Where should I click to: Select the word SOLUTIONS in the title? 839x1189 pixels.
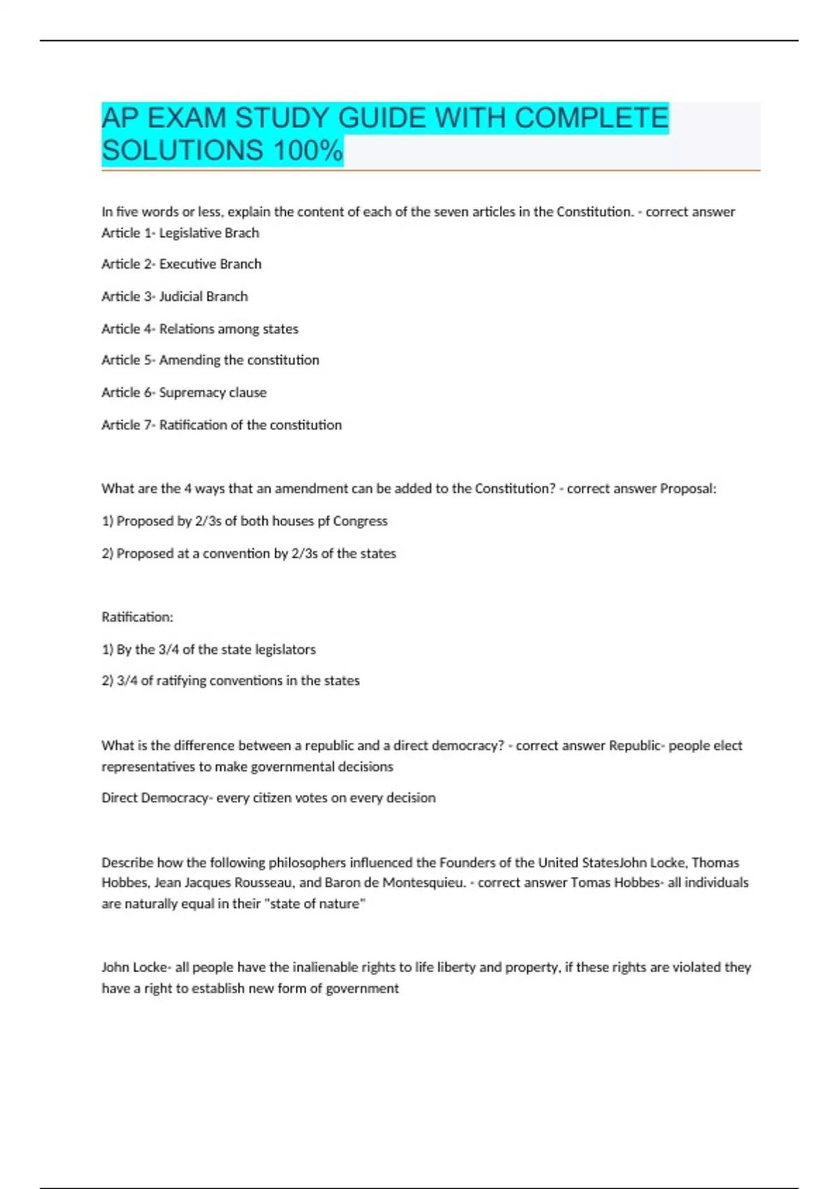[x=182, y=150]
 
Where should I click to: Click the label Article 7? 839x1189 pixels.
[x=127, y=425]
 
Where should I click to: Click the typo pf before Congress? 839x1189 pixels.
[x=323, y=521]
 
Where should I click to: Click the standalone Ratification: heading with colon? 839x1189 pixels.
[x=137, y=617]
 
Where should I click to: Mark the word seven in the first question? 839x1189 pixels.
[x=452, y=212]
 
